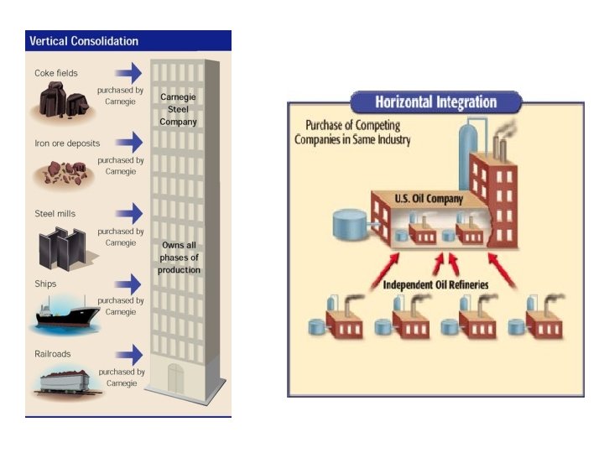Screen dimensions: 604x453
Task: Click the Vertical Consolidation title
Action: coord(84,41)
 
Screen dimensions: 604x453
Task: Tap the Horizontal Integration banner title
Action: coord(435,102)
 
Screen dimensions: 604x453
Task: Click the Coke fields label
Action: coord(56,73)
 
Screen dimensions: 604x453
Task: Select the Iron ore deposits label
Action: coord(67,143)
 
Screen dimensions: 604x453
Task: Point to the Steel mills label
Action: coord(55,213)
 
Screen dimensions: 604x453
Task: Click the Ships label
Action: coord(45,284)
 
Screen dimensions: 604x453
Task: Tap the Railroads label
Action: coord(52,354)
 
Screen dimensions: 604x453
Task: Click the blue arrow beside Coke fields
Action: coord(128,73)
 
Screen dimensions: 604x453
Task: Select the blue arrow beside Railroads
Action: coord(129,355)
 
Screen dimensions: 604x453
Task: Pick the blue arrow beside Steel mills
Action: coord(129,213)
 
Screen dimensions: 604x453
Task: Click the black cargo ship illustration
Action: coord(66,314)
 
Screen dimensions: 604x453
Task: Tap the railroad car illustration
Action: coord(65,382)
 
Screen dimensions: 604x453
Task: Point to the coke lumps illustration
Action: coord(63,100)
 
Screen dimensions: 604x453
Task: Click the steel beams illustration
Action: coord(63,248)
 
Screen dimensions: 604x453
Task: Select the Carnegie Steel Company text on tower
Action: coord(178,109)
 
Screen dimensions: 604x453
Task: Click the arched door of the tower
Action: coord(175,379)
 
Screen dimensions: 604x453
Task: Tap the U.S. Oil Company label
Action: coord(429,199)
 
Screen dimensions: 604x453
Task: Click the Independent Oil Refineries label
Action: coord(435,284)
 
